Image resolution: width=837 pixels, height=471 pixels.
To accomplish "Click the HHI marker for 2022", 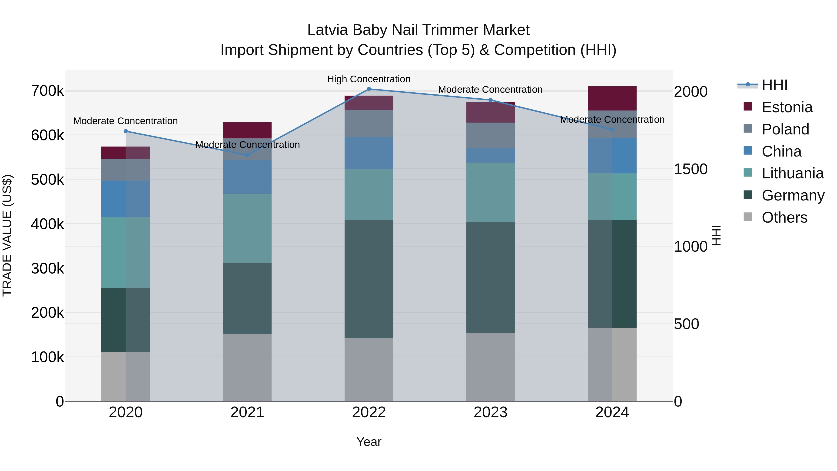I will (x=369, y=89).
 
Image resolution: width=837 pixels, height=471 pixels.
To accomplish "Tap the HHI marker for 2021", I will (x=247, y=155).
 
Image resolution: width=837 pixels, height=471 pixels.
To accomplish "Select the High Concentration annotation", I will (x=369, y=79).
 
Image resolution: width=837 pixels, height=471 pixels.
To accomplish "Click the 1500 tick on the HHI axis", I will (x=691, y=169).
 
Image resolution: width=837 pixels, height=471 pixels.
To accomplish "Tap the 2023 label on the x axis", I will (x=490, y=412).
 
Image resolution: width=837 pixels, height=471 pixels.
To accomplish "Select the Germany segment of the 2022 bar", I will (x=369, y=279).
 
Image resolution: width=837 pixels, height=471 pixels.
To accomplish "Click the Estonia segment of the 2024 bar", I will (x=612, y=98).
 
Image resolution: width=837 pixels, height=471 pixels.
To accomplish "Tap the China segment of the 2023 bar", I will (x=490, y=155).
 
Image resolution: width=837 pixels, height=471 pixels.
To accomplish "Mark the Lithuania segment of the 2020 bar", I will (x=126, y=252).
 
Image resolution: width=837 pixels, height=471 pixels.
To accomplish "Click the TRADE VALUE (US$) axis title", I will (x=7, y=235).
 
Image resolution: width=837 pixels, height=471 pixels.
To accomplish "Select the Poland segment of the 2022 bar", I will (x=369, y=124).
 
